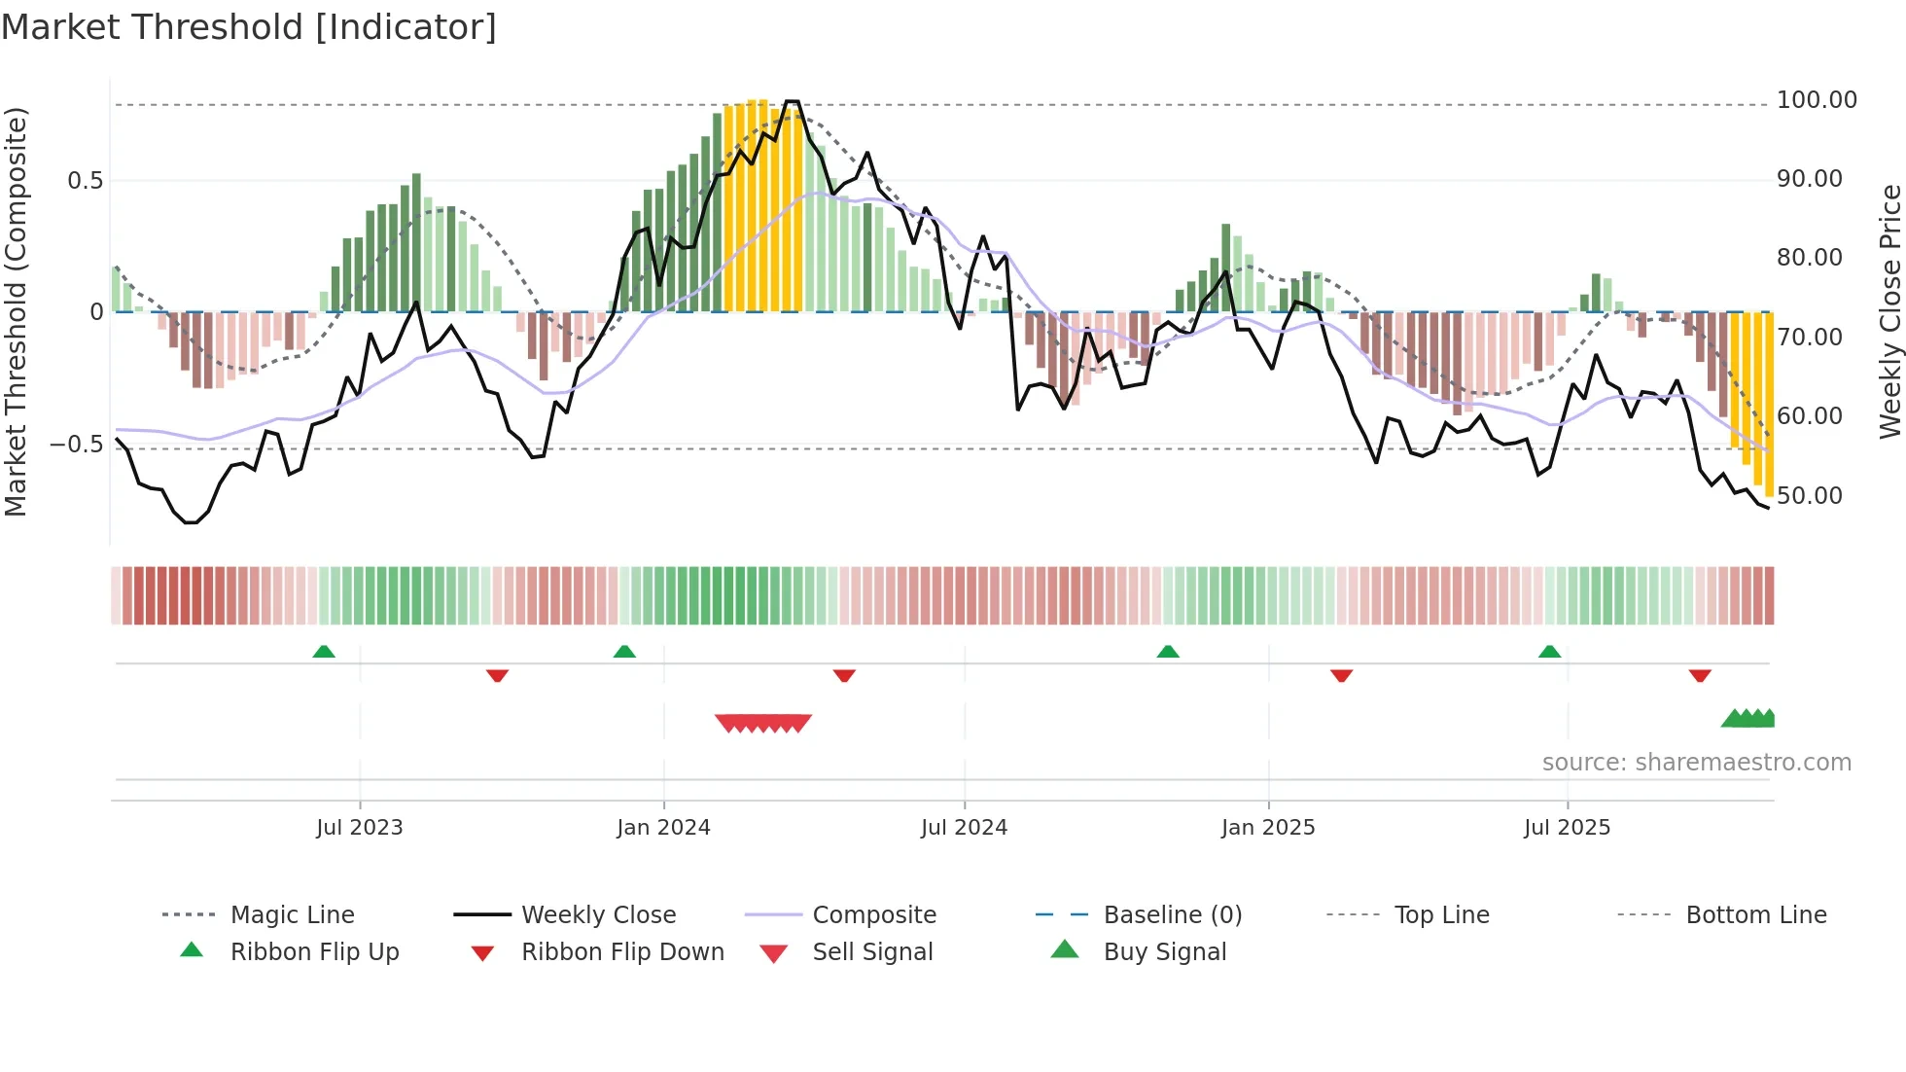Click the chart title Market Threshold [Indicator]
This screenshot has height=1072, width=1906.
[x=249, y=27]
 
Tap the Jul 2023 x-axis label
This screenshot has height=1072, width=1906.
[x=359, y=828]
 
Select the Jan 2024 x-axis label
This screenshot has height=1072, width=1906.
[x=663, y=828]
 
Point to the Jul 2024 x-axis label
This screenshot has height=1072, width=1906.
[x=964, y=828]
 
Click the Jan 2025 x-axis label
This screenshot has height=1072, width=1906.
[x=1268, y=828]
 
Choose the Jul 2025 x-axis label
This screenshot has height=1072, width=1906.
[x=1567, y=828]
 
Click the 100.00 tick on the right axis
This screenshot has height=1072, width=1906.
[x=1817, y=100]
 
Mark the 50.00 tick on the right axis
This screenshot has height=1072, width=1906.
[x=1809, y=496]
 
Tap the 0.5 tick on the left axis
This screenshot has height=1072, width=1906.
[x=85, y=181]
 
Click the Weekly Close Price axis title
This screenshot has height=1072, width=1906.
[x=1889, y=311]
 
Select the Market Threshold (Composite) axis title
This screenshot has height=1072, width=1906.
[x=16, y=311]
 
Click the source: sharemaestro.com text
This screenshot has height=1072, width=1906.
[x=1696, y=763]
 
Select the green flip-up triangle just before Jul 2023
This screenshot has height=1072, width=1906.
[x=324, y=652]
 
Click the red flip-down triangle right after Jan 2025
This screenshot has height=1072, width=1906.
[x=1341, y=675]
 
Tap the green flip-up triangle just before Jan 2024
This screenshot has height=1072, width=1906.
[x=624, y=652]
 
